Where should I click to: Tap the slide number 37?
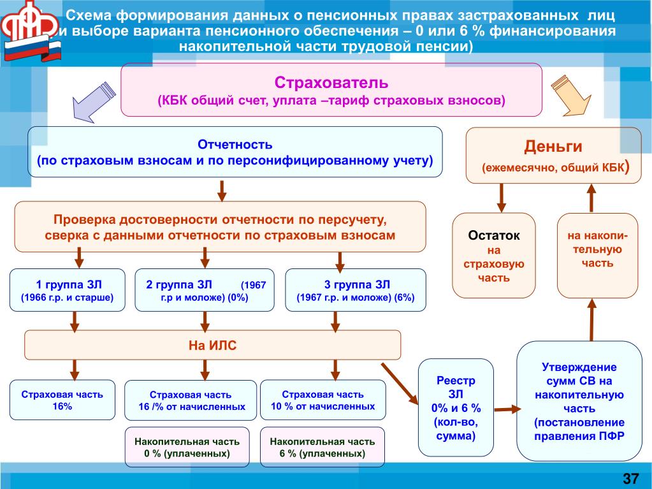[x=630, y=478]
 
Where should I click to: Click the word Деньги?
[x=553, y=147]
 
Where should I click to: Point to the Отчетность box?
[x=235, y=152]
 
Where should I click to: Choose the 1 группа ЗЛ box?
[x=68, y=290]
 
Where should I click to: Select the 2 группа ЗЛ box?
[x=205, y=290]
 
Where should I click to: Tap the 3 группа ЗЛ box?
[x=356, y=290]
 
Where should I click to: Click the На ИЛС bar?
[x=212, y=346]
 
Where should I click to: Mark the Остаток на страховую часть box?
[x=494, y=255]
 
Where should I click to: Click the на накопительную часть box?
[x=597, y=255]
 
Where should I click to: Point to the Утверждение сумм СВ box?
[x=579, y=401]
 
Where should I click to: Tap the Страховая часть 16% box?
[x=62, y=400]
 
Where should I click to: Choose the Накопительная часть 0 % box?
[x=187, y=447]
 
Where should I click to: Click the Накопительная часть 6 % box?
[x=322, y=447]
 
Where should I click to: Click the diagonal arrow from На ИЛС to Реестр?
[x=398, y=383]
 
